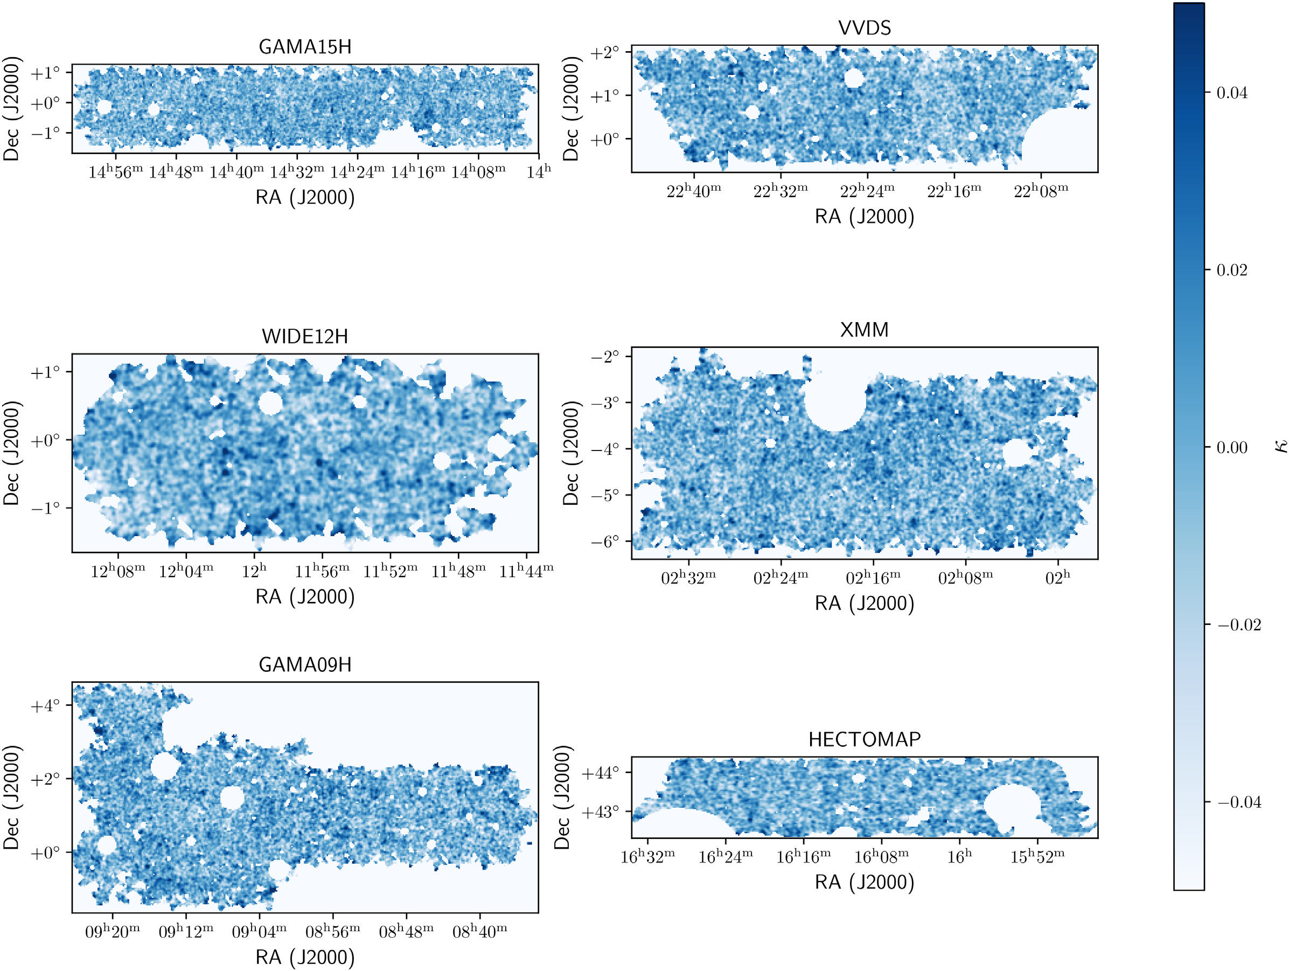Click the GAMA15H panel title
point(305,47)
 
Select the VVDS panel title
point(864,27)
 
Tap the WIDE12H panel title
point(305,336)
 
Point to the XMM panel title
point(864,330)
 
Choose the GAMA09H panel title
point(305,664)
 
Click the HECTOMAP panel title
point(864,739)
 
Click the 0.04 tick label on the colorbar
point(1232,93)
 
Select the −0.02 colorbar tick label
point(1239,626)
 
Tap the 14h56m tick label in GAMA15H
point(115,172)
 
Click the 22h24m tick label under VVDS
point(867,191)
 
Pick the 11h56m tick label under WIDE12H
point(322,571)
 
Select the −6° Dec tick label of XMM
point(606,542)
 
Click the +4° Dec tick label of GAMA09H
point(45,706)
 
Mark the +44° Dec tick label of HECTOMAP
point(600,773)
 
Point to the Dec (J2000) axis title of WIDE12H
point(12,453)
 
